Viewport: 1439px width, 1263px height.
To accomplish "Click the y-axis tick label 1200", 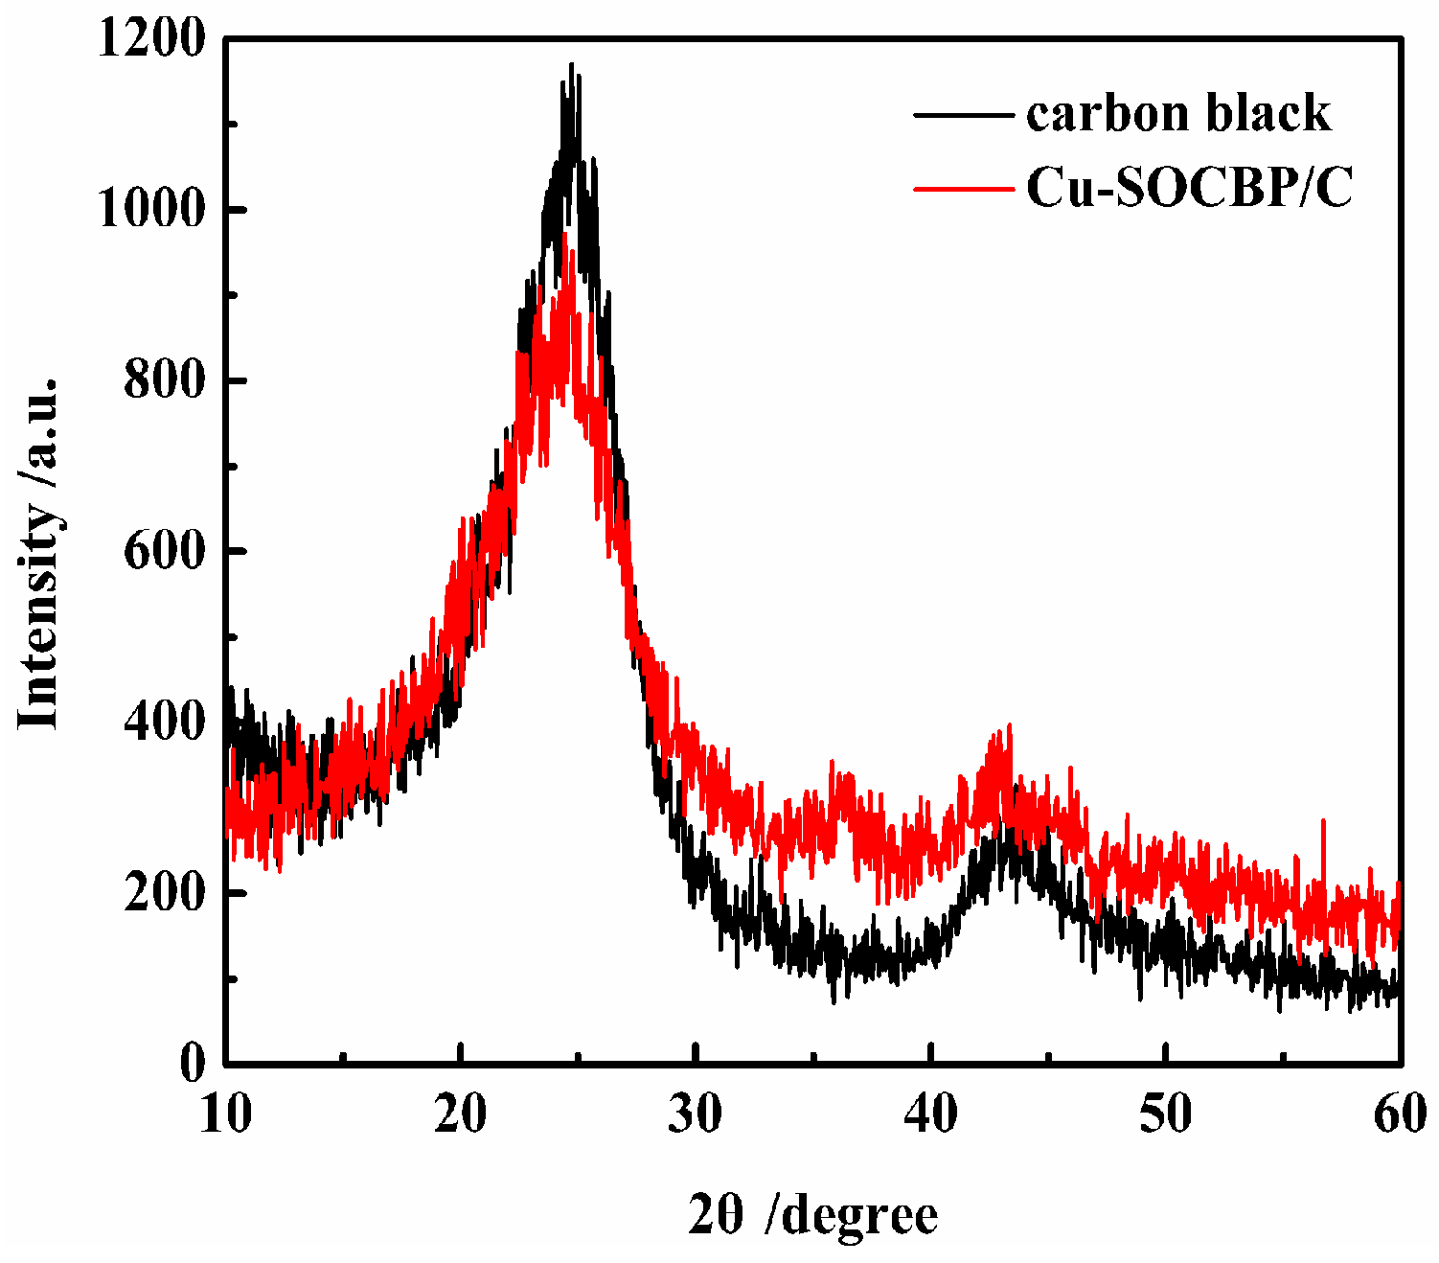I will pos(151,40).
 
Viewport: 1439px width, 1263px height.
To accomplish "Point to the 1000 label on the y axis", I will pos(151,210).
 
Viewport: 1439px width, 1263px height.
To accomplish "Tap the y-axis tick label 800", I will pos(165,380).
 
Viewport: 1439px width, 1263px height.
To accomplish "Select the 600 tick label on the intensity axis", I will pos(165,551).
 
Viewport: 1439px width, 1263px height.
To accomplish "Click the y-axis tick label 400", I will pos(165,722).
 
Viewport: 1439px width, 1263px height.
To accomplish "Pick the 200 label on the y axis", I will pos(165,892).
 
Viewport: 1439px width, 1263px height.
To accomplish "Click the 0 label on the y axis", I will pos(193,1063).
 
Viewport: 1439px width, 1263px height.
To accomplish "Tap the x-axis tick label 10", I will pos(226,1114).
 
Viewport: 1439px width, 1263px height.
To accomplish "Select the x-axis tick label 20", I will pos(461,1114).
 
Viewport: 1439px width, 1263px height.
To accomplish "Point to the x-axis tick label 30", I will pos(696,1114).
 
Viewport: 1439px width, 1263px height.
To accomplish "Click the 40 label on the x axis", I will pos(931,1114).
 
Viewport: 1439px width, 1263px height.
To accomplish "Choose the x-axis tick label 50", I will pos(1166,1114).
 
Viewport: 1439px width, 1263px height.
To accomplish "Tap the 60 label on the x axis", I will pos(1399,1114).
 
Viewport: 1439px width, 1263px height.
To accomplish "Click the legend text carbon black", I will pos(1178,113).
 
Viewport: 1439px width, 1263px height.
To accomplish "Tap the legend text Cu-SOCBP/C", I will pos(1190,188).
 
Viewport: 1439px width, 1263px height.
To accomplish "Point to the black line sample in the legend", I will pos(963,114).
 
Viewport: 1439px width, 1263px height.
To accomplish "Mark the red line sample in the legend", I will pos(963,189).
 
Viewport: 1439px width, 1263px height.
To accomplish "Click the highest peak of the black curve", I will pos(572,65).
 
